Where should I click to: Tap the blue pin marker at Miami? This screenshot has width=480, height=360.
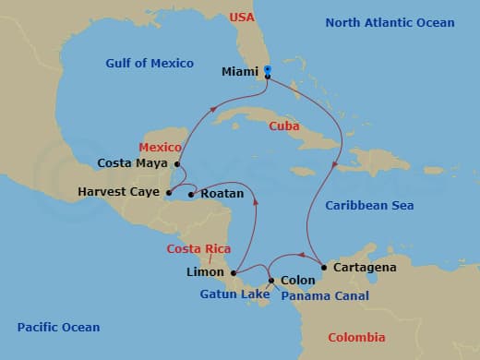coord(267,69)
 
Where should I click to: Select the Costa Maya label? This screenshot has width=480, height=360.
coord(133,163)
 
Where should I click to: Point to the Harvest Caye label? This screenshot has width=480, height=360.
coord(119,193)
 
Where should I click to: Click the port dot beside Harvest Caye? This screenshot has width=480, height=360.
coord(169,193)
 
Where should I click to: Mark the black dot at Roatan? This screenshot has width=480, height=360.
coord(191,194)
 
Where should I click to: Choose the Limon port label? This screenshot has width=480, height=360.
coord(204,272)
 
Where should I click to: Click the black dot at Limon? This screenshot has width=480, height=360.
coord(234,272)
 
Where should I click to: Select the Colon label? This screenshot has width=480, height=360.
coord(297,280)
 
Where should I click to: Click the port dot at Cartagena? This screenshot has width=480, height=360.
coord(323,268)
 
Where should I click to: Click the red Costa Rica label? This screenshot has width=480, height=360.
coord(198,249)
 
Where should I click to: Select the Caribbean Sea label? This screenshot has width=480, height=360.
coord(369,205)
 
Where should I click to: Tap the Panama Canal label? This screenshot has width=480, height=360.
coord(325,296)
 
